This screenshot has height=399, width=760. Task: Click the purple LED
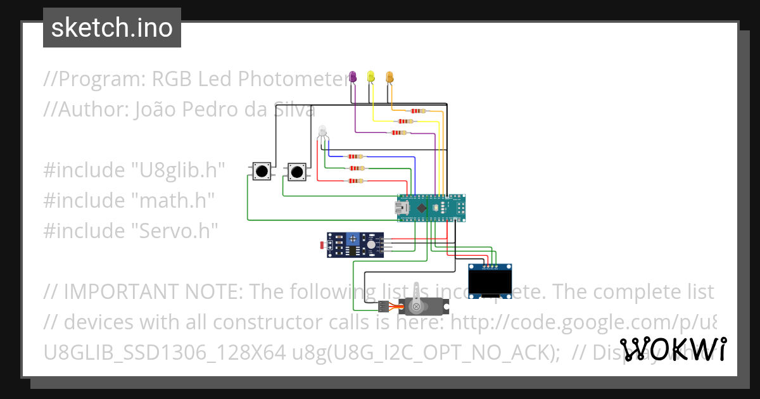point(353,77)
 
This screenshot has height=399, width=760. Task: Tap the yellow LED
point(371,77)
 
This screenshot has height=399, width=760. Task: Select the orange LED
point(389,77)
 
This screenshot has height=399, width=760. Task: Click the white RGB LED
point(322,132)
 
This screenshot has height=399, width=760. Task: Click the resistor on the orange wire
point(417,111)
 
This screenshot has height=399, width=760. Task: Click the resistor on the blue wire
point(356,156)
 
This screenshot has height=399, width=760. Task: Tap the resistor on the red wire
point(356,181)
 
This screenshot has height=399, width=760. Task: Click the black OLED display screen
point(490,282)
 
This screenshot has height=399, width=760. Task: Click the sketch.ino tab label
point(112,28)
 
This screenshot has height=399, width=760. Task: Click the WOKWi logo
point(673,350)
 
